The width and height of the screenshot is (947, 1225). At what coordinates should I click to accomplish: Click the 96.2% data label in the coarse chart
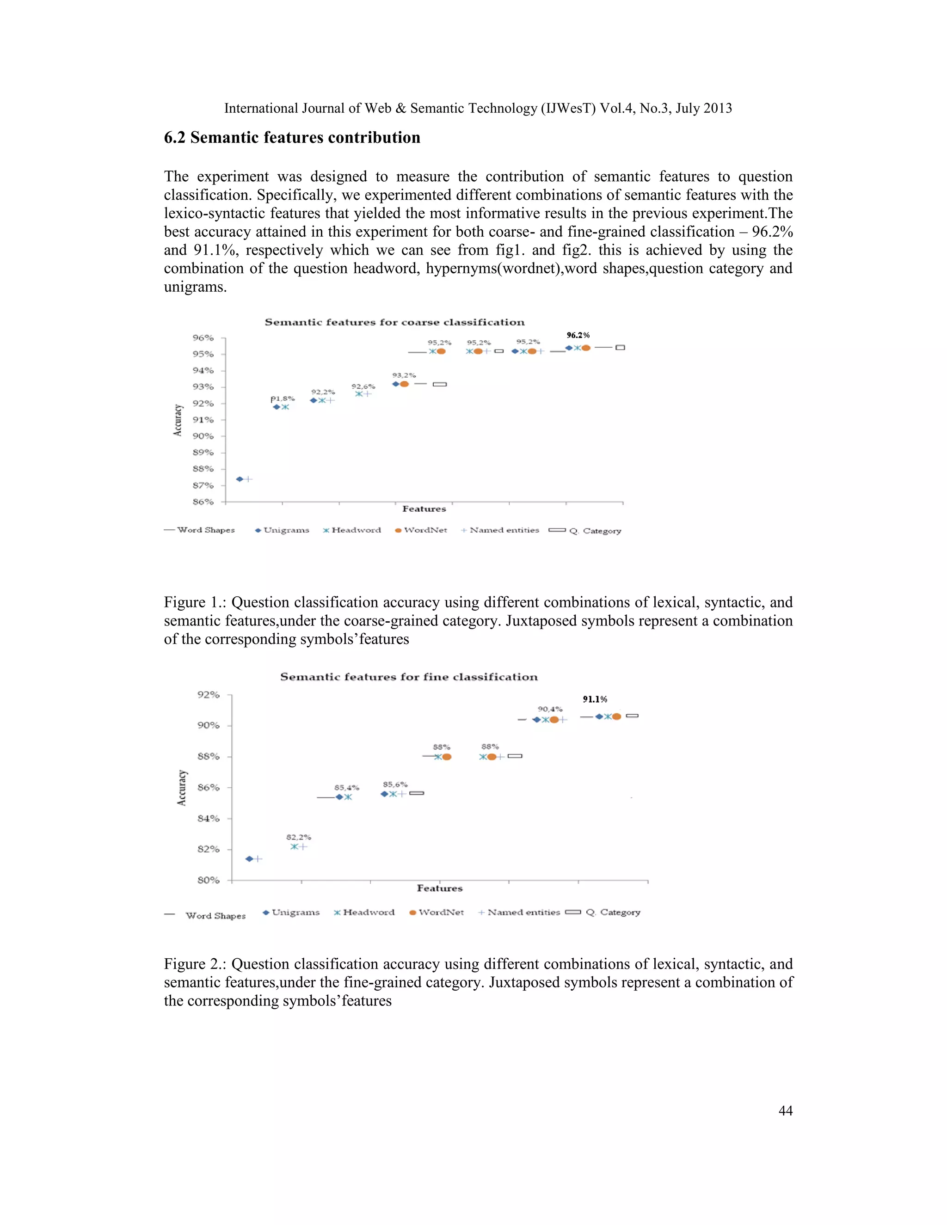point(578,336)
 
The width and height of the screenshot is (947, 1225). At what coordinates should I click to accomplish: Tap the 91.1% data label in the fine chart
point(595,699)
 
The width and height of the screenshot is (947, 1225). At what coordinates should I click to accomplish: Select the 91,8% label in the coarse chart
point(283,399)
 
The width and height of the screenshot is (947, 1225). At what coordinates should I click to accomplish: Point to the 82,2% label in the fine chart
point(298,837)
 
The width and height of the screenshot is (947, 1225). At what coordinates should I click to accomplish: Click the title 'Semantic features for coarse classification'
point(394,322)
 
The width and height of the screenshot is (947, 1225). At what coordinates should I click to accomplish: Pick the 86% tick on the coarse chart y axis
point(203,502)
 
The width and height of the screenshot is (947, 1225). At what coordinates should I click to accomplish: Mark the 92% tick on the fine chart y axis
point(208,694)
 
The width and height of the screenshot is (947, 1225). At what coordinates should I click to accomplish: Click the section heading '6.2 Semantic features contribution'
point(292,137)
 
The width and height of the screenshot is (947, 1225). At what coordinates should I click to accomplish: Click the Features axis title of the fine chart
point(439,888)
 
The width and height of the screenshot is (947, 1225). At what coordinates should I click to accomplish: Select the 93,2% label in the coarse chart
point(404,375)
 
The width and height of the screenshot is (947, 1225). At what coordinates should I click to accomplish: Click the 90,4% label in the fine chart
point(550,709)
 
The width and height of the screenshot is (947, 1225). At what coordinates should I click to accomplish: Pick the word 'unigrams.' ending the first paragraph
point(195,287)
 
